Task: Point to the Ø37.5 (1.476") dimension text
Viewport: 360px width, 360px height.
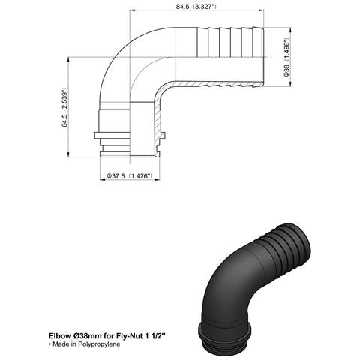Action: (x=129, y=175)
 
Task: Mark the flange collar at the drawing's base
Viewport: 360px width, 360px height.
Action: (x=130, y=134)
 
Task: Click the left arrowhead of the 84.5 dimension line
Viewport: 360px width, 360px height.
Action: (x=136, y=11)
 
